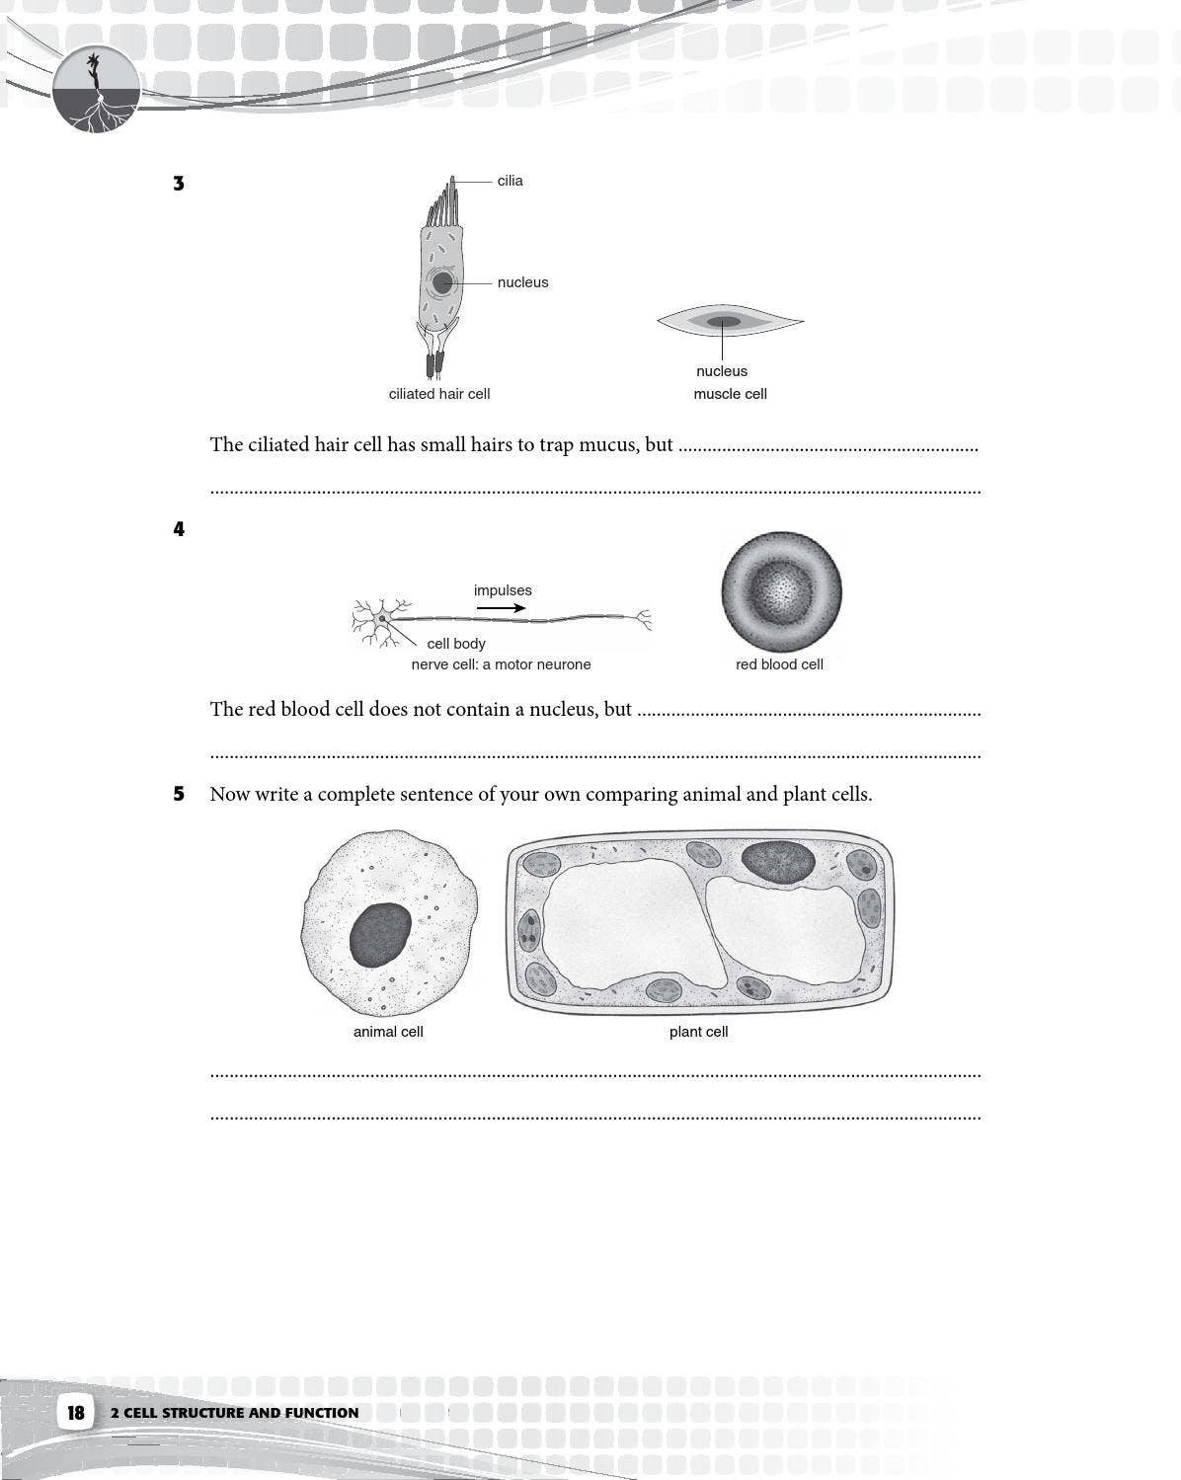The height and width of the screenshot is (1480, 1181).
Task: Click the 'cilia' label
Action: point(510,181)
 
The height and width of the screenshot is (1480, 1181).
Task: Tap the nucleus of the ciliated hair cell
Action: point(442,283)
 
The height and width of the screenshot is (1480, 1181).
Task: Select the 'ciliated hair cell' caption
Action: point(438,394)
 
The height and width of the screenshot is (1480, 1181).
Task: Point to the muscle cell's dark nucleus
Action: point(723,321)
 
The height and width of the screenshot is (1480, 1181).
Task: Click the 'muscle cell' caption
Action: point(730,394)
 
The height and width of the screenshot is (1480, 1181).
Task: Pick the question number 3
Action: point(179,184)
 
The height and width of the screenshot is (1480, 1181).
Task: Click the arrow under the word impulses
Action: point(502,608)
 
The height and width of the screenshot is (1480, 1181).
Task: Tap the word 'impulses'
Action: point(502,590)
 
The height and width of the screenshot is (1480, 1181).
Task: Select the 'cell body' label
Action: point(455,644)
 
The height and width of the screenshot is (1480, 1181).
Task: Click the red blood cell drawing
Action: point(781,592)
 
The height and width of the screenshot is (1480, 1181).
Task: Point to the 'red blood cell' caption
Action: point(779,664)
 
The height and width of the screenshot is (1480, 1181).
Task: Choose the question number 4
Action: point(179,529)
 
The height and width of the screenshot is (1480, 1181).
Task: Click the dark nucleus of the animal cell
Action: point(380,934)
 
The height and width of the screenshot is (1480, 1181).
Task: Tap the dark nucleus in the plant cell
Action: point(778,861)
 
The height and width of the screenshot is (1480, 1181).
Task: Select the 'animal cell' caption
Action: point(388,1032)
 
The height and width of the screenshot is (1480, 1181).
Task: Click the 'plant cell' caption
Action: point(698,1032)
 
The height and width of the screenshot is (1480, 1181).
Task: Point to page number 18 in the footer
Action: point(76,1412)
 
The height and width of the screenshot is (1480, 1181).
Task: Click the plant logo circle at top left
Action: point(96,90)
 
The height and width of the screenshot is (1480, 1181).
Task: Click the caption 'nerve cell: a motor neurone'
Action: point(501,664)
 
